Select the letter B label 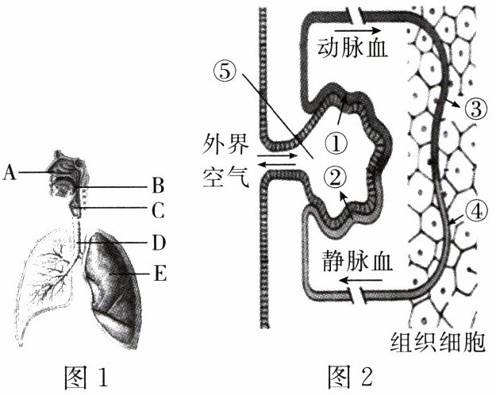[x=158, y=187]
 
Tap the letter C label [x=158, y=211]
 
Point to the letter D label [x=158, y=240]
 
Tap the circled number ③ [x=475, y=108]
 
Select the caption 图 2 [x=354, y=374]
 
